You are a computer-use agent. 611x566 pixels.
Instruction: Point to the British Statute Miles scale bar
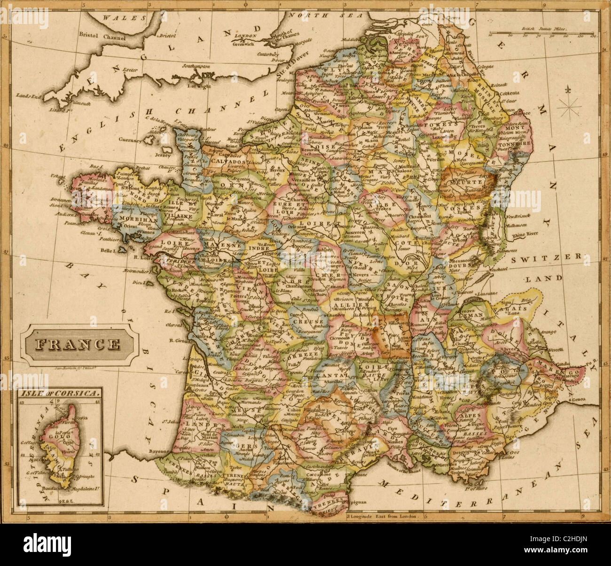click(x=540, y=32)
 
